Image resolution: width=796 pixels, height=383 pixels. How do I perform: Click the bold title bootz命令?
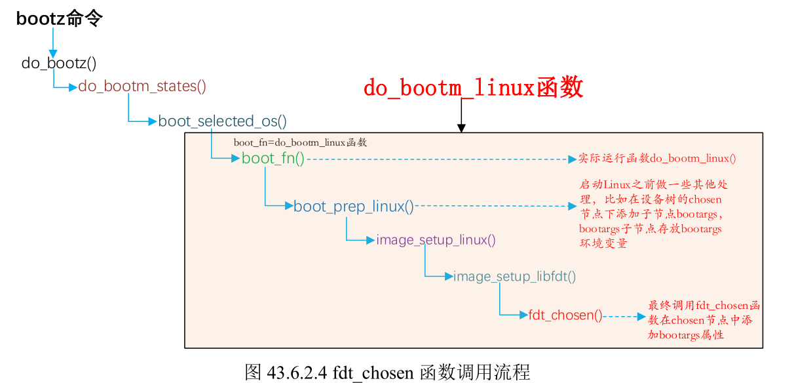[59, 19]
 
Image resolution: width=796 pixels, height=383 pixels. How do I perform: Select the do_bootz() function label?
[59, 64]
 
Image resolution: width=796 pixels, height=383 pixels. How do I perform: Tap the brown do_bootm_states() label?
[142, 87]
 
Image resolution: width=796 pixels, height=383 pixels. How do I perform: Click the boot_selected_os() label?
[222, 121]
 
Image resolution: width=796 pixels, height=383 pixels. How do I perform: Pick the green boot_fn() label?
[273, 158]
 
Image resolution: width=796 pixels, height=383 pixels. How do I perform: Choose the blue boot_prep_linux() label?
[353, 207]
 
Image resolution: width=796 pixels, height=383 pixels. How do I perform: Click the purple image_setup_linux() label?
[436, 240]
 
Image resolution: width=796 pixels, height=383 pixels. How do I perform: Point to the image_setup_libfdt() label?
[514, 277]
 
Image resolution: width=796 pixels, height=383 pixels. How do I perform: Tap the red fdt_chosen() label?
[565, 315]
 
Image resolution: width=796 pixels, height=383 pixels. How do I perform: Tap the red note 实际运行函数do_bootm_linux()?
[657, 159]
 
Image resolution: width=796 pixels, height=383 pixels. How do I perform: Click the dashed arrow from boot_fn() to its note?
[439, 159]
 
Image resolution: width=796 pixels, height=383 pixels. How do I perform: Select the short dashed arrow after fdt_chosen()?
[624, 315]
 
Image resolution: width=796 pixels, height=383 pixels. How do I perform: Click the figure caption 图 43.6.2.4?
[387, 372]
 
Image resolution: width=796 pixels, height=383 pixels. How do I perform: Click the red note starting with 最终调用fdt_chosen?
[704, 320]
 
